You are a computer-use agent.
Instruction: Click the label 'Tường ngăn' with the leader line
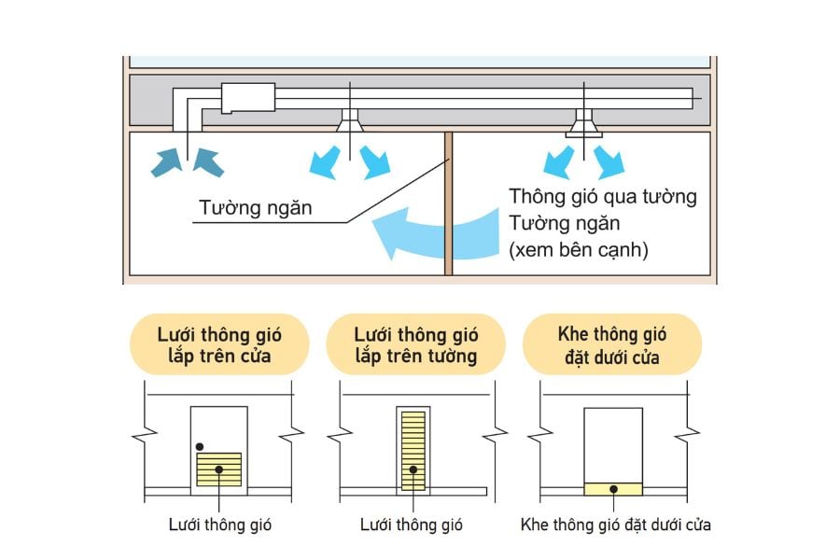point(255,207)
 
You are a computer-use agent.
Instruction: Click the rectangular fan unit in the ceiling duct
point(247,96)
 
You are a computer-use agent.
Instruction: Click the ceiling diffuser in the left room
point(351,119)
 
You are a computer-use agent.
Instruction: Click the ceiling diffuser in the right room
point(586,120)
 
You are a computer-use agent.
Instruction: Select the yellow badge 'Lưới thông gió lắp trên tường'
point(416,344)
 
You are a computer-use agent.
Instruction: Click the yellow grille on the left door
point(218,469)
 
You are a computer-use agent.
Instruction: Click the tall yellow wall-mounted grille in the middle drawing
point(412,450)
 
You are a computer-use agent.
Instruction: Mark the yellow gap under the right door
point(612,488)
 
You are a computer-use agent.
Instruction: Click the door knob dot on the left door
point(200,445)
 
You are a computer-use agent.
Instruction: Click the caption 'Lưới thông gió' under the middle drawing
point(412,525)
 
